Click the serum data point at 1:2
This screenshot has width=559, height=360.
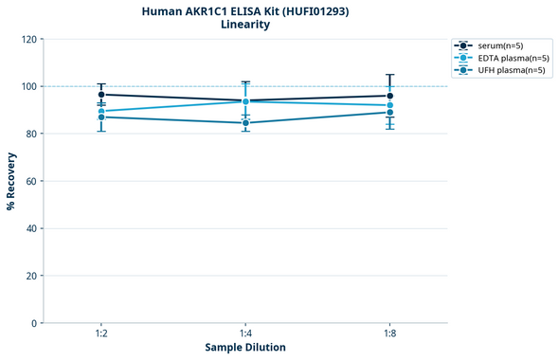[x=101, y=95]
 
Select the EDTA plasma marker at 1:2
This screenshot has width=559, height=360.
[x=101, y=111]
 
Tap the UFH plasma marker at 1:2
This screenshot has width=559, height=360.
[x=101, y=117]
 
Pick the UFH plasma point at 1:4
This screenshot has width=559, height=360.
[x=245, y=122]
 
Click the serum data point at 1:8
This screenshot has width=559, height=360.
[x=389, y=96]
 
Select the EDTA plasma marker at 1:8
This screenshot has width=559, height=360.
[x=389, y=105]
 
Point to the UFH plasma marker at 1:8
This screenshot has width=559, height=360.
[x=389, y=112]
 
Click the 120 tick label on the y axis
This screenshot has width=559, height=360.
[x=29, y=39]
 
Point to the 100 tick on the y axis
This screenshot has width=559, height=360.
[x=29, y=86]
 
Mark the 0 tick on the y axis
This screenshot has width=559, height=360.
[x=35, y=323]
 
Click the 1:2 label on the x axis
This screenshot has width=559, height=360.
[x=101, y=334]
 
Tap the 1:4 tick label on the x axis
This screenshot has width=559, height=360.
[x=245, y=334]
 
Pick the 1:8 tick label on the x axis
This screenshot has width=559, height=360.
[x=389, y=334]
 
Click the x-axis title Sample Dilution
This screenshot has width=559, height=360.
[x=245, y=348]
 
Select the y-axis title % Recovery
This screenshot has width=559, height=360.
[x=11, y=181]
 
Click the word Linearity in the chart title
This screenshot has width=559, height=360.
[x=245, y=25]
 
